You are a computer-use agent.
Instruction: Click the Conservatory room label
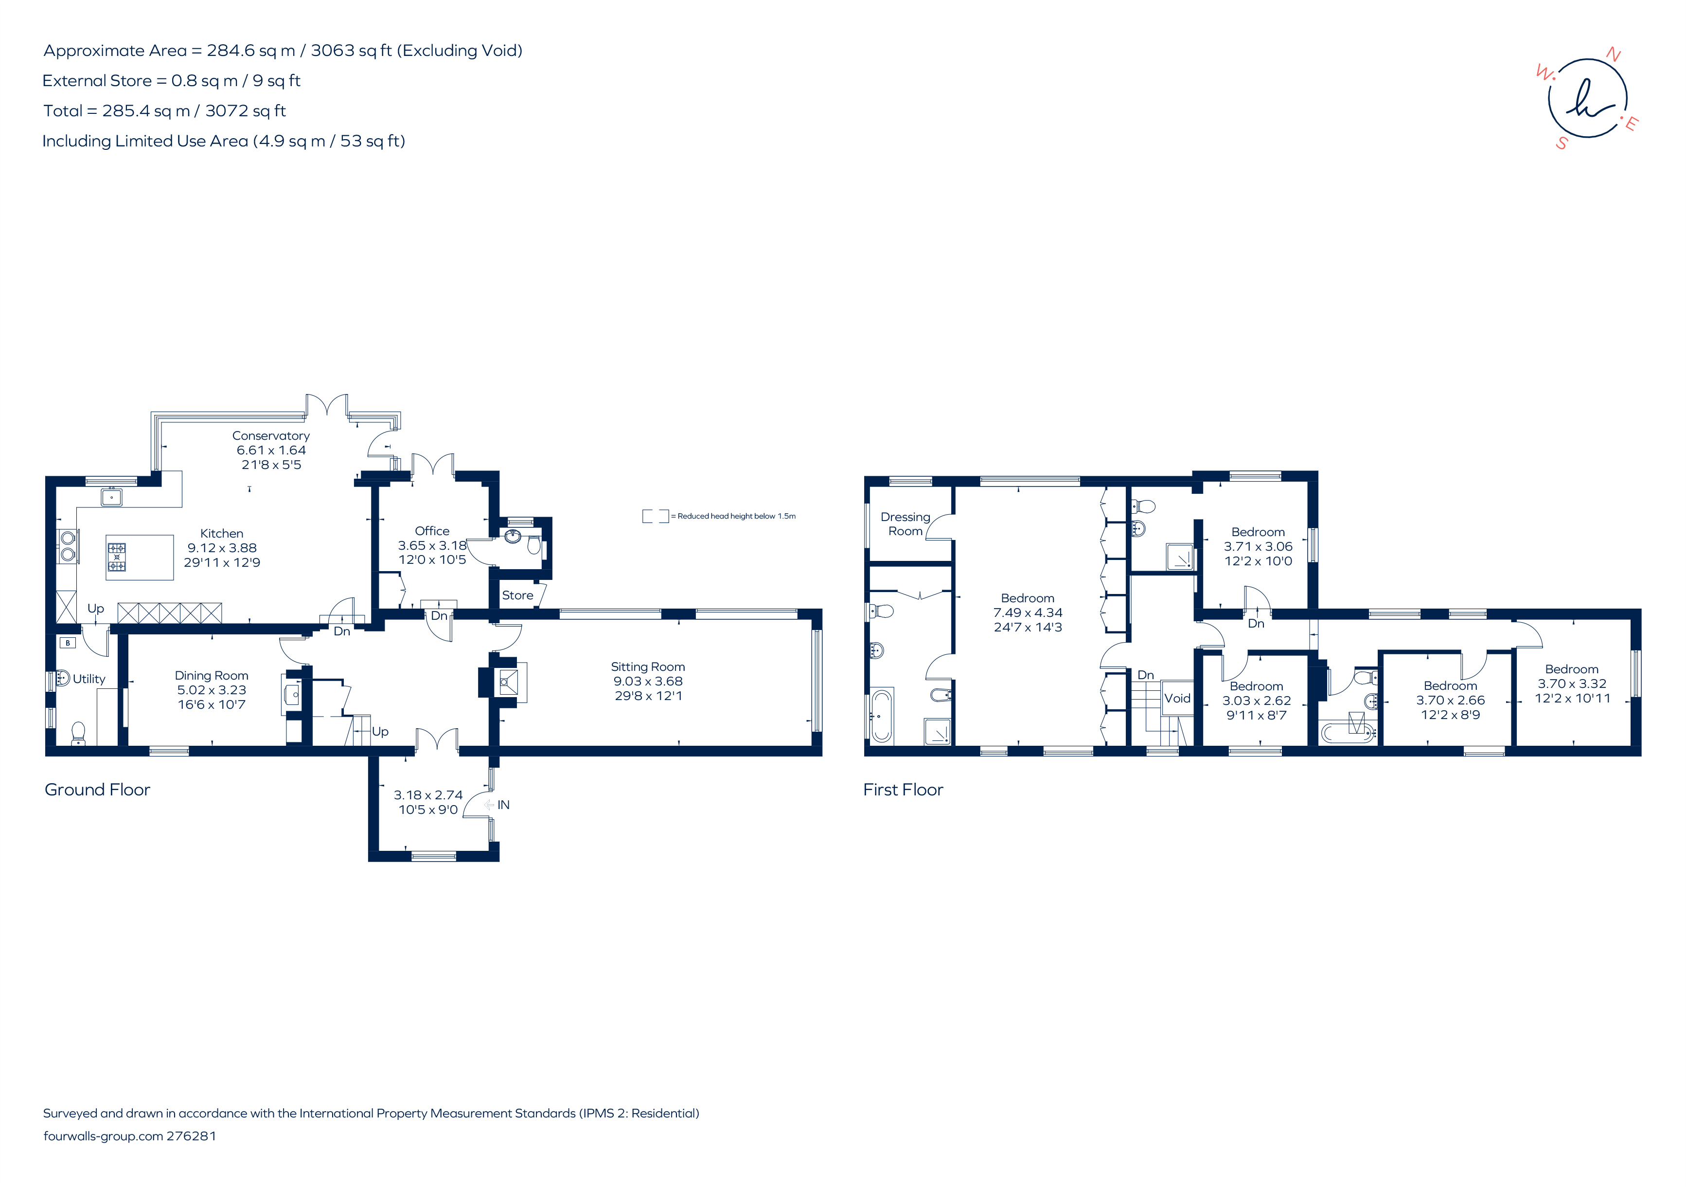(x=271, y=435)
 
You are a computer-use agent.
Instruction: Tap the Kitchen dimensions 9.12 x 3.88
(x=222, y=548)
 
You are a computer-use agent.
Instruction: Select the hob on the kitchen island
(x=117, y=557)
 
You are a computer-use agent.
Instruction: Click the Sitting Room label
(x=648, y=667)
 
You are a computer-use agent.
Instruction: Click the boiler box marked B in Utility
(x=68, y=643)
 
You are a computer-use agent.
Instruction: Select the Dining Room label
(x=212, y=676)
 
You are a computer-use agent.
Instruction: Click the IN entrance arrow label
(x=497, y=805)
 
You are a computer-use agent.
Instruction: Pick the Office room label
(x=432, y=531)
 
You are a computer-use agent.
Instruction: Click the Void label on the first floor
(x=1177, y=699)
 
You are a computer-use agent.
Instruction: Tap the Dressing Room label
(x=905, y=524)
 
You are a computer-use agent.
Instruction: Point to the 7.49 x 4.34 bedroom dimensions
(x=1028, y=612)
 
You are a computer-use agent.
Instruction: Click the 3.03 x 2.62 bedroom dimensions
(x=1257, y=701)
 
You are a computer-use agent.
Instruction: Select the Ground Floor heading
(x=98, y=790)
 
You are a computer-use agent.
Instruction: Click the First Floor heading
(x=903, y=790)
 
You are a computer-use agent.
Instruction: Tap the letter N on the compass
(x=1614, y=54)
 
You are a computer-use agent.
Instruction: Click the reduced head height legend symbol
(x=656, y=516)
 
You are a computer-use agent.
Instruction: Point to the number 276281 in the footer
(x=192, y=1135)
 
